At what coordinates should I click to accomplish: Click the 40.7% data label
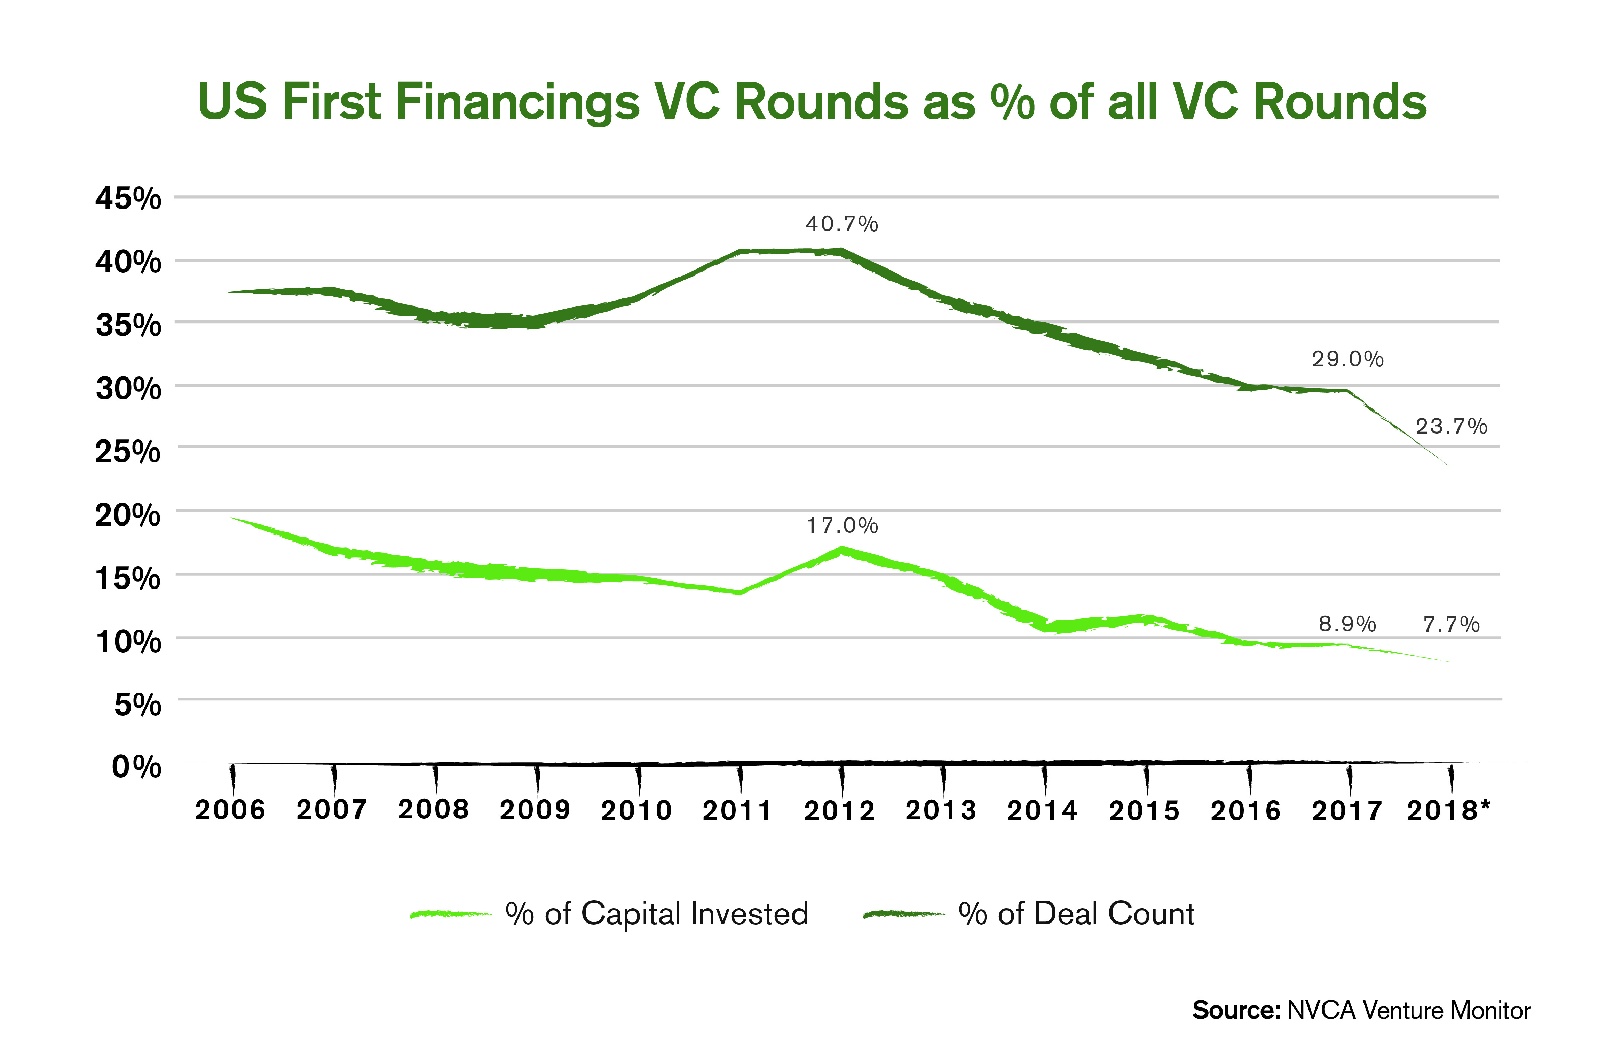pyautogui.click(x=841, y=224)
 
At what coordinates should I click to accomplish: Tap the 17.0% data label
pyautogui.click(x=842, y=526)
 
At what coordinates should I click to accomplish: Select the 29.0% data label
pyautogui.click(x=1347, y=359)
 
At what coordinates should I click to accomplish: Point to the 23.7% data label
pyautogui.click(x=1451, y=426)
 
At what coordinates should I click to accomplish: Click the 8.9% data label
pyautogui.click(x=1347, y=624)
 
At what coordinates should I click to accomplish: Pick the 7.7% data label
pyautogui.click(x=1451, y=624)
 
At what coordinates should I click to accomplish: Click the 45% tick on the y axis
pyautogui.click(x=128, y=199)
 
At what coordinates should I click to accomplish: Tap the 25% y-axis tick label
pyautogui.click(x=128, y=451)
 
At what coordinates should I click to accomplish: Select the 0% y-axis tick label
pyautogui.click(x=136, y=767)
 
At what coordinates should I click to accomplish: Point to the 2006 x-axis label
pyautogui.click(x=230, y=810)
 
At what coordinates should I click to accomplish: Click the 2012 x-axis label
pyautogui.click(x=839, y=810)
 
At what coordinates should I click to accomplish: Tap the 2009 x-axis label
pyautogui.click(x=535, y=810)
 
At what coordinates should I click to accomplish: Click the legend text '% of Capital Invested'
pyautogui.click(x=657, y=914)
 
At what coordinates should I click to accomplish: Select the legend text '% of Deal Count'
pyautogui.click(x=1076, y=914)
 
